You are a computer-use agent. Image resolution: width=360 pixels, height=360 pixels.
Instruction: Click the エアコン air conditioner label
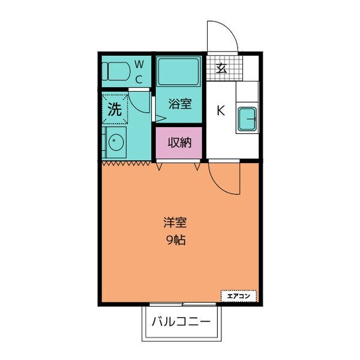click(239, 295)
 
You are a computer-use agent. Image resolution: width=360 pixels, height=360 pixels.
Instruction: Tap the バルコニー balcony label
click(181, 322)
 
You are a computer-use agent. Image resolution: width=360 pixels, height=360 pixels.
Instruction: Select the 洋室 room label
click(175, 223)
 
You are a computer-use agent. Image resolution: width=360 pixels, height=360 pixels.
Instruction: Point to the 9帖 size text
click(175, 241)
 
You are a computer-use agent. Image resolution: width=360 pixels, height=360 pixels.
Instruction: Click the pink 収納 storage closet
click(179, 143)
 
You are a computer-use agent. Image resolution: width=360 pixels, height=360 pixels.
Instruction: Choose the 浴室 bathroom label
click(179, 104)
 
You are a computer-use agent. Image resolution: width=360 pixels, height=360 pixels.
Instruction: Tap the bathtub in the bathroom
click(179, 73)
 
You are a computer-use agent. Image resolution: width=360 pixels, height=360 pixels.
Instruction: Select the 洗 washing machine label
click(114, 109)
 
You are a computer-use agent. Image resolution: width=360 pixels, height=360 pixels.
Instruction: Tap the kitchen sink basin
click(247, 118)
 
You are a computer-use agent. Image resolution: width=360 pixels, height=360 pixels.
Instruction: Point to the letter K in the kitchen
click(220, 110)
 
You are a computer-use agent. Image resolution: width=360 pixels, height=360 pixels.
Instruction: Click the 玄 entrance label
click(221, 68)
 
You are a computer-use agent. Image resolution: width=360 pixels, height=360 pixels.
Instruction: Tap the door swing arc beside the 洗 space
click(139, 102)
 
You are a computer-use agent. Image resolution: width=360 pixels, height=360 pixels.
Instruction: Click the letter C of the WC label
click(138, 79)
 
